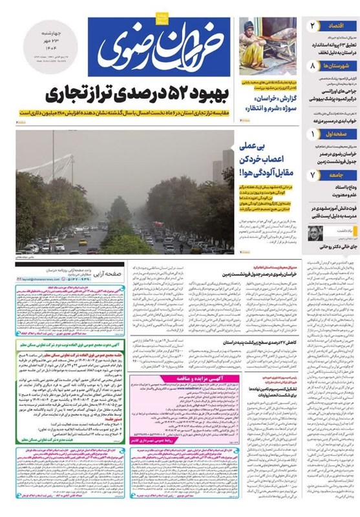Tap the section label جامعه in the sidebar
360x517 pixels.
(337, 176)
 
